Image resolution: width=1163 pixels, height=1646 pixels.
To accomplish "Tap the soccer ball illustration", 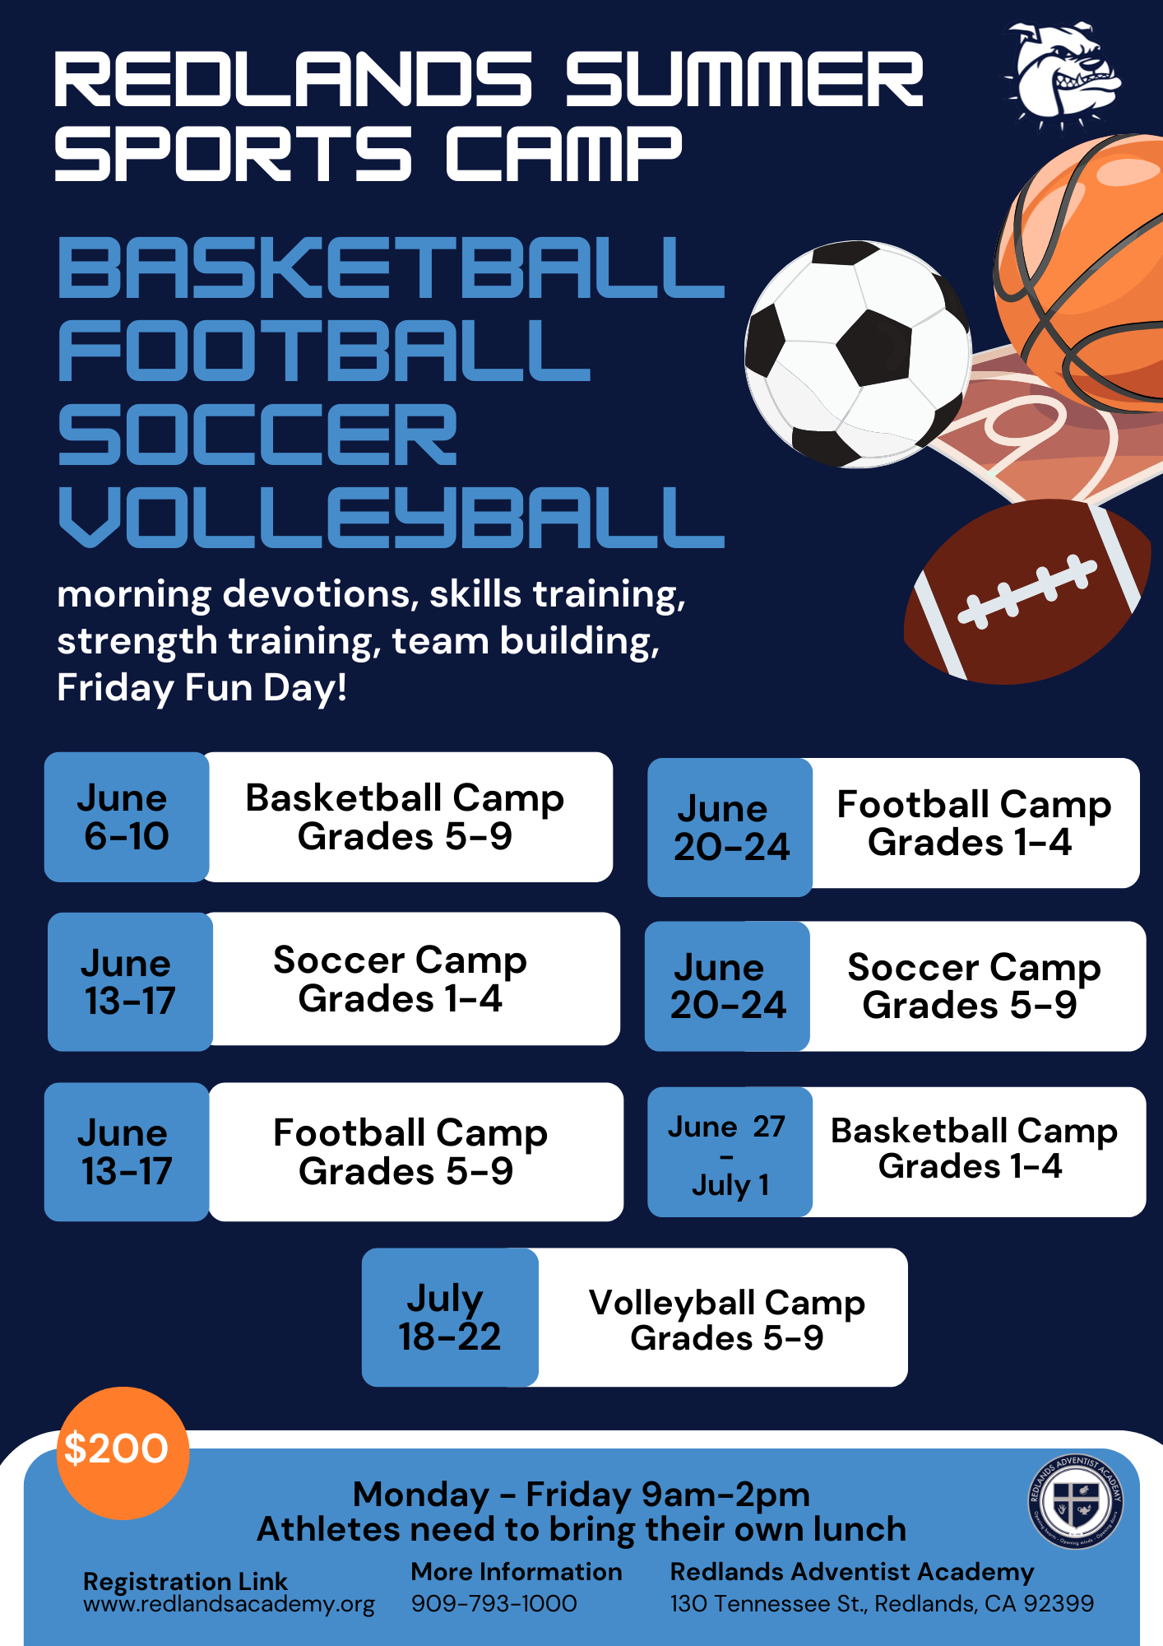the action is tap(858, 355).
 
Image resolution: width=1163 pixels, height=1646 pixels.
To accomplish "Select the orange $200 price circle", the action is tap(123, 1453).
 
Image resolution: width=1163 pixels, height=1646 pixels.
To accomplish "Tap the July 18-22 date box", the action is tap(450, 1318).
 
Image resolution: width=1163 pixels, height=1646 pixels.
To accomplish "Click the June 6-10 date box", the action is tap(127, 817).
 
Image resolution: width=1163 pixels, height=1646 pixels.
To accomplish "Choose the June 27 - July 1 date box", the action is tap(730, 1152).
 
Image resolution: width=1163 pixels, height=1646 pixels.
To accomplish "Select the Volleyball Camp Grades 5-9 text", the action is tap(727, 1319).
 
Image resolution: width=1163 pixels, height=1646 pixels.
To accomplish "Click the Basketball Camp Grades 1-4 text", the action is tap(974, 1148).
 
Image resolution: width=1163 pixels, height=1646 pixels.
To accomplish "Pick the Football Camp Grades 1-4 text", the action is tap(974, 823).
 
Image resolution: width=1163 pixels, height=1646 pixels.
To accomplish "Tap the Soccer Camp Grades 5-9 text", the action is tap(974, 986).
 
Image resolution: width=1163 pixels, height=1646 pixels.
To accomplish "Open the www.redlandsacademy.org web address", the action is tap(229, 1604).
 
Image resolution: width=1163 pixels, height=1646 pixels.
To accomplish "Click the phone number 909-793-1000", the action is tap(493, 1603).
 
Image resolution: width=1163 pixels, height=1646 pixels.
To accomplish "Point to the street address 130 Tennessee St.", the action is tap(768, 1603).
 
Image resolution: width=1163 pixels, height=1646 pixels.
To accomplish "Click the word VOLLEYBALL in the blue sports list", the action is tap(392, 517).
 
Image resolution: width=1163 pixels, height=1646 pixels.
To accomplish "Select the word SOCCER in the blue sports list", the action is tap(257, 434).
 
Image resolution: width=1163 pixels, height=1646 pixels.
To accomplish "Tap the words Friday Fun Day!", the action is tap(202, 688).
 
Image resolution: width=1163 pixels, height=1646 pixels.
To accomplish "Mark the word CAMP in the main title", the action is tap(563, 153).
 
